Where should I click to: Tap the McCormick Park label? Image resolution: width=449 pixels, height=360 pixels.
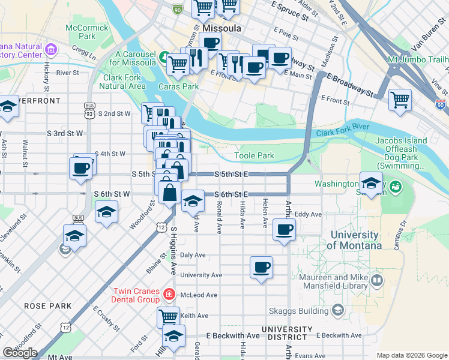tap(88, 32)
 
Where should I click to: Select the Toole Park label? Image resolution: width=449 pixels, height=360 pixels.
tap(254, 155)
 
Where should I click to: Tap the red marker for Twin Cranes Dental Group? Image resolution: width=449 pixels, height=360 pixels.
tap(169, 295)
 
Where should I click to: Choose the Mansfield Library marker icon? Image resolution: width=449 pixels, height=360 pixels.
tap(377, 280)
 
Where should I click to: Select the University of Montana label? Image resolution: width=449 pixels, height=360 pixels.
tap(354, 240)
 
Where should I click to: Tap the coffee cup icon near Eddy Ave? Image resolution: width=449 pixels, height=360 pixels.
tap(285, 229)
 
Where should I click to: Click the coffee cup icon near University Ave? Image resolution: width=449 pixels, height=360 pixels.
tap(261, 267)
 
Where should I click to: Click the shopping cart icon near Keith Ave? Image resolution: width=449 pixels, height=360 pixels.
tap(169, 317)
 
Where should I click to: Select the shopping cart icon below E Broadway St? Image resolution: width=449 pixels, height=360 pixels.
tap(400, 100)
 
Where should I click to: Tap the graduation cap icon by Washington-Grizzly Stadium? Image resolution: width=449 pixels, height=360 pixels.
tap(371, 182)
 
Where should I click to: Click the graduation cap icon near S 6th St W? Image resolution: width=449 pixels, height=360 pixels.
tap(107, 212)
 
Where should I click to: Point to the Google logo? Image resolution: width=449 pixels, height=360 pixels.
tap(19, 353)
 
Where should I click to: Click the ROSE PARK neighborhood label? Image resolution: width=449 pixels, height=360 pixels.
tap(41, 306)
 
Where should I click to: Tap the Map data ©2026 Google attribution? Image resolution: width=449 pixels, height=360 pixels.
tap(412, 355)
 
